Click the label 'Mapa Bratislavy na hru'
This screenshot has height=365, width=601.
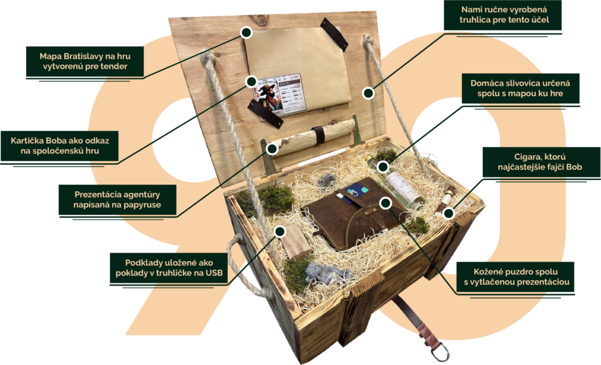85,61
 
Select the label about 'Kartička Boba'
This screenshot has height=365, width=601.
59,146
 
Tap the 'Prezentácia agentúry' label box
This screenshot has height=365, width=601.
117,200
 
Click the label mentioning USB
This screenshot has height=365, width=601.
168,268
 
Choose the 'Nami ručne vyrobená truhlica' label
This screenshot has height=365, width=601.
503,15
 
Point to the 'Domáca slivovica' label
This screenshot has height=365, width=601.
520,88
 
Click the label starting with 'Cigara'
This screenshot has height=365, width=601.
541,162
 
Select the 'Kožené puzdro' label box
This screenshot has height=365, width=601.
515,277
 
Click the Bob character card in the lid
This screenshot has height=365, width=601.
281,95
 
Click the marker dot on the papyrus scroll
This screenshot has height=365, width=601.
272,149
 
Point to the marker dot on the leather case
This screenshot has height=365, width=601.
386,203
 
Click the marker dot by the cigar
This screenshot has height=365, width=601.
449,213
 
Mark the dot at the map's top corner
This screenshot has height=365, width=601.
246,32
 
